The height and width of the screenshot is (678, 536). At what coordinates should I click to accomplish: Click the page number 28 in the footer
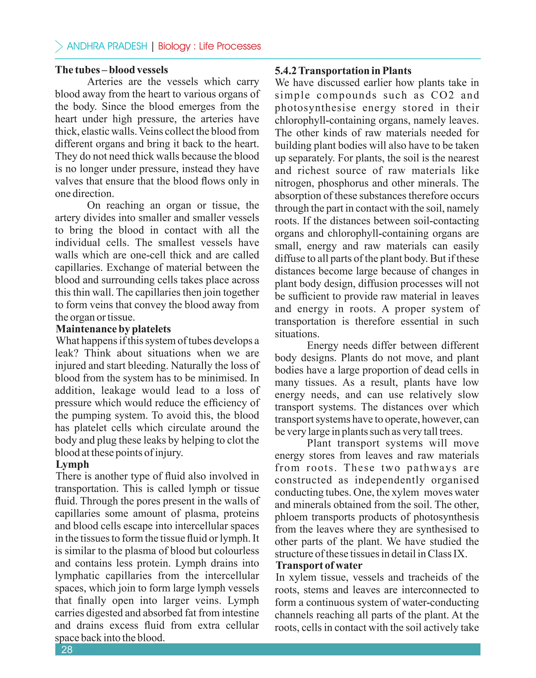click(x=67, y=649)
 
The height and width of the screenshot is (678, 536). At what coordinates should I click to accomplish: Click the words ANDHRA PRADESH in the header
click(x=107, y=46)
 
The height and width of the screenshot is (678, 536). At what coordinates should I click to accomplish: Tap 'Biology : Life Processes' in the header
click(x=209, y=46)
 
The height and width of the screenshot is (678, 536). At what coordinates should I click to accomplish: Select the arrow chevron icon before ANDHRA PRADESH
click(x=59, y=46)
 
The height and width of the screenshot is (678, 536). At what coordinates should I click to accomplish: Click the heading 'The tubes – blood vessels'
click(x=111, y=70)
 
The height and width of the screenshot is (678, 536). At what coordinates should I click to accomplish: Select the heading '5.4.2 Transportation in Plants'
click(x=343, y=71)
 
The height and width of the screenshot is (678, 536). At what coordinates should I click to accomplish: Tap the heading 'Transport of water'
click(x=319, y=565)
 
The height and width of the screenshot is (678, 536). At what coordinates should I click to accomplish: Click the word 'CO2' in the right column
click(x=442, y=95)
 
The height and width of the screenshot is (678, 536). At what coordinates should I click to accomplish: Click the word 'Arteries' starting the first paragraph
click(x=105, y=82)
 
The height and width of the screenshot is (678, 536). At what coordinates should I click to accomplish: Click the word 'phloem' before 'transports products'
click(x=290, y=517)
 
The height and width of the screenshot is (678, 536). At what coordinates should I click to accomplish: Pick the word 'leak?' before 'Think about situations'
click(x=66, y=353)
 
